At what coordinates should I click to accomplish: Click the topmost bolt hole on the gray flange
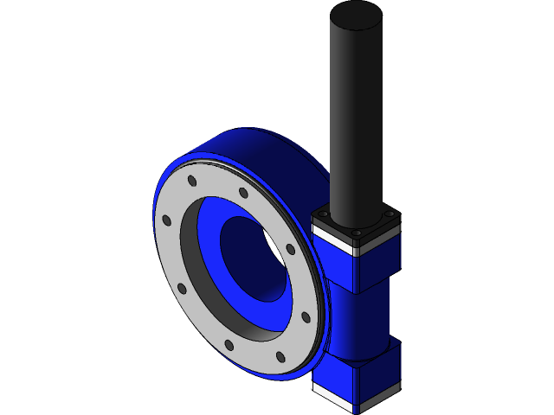click(x=191, y=182)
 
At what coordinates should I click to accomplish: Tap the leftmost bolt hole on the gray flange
click(x=166, y=220)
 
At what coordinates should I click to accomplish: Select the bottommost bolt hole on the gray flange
click(x=280, y=356)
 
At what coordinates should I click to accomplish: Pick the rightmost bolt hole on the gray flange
click(x=305, y=317)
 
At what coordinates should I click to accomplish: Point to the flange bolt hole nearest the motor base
click(x=290, y=250)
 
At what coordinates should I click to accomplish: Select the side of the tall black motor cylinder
click(x=355, y=121)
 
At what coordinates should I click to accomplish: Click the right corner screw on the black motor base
click(x=389, y=214)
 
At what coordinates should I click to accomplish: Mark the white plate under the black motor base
click(x=333, y=238)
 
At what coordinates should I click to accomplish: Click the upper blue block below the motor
click(x=333, y=268)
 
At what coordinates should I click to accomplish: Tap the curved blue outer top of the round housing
click(x=260, y=147)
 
